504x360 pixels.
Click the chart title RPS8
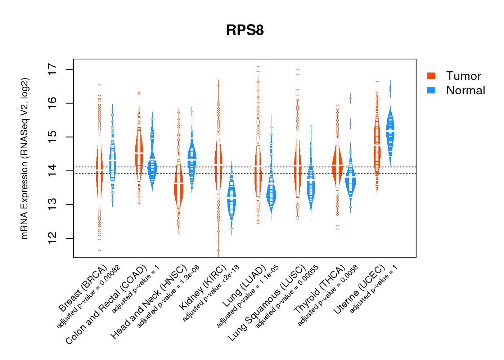coord(245,30)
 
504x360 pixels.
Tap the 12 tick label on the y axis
coord(53,238)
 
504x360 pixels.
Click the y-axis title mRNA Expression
coord(24,158)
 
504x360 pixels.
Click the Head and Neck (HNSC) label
coord(149,302)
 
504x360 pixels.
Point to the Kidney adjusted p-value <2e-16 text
coord(211,293)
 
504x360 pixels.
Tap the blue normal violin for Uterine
coord(390,131)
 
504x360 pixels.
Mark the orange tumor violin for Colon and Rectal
coord(139,153)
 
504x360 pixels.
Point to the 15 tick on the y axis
coord(53,137)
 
